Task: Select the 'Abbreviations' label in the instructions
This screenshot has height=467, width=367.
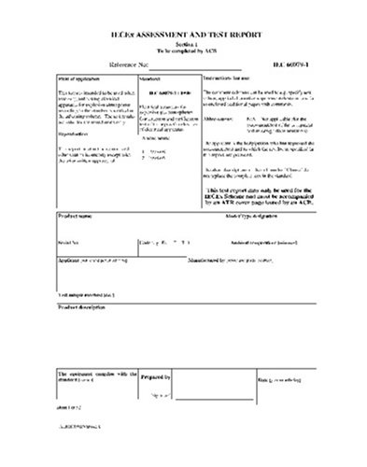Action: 219,119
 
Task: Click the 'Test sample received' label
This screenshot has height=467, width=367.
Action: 85,293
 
